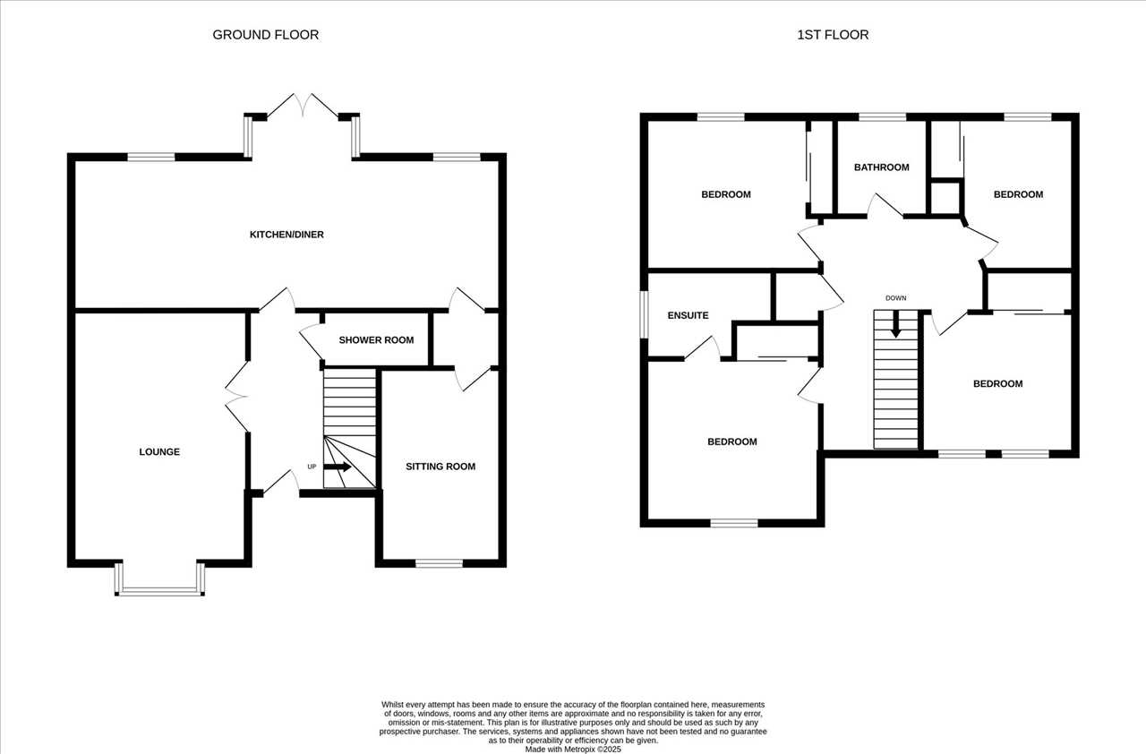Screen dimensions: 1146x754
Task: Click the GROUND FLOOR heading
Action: tap(266, 35)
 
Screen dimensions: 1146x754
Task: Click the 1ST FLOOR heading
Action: tap(833, 35)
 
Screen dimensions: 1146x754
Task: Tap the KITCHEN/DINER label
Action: tap(286, 235)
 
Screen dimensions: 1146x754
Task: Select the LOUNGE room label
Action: tap(159, 451)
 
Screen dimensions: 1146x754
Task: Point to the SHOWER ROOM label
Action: tap(376, 340)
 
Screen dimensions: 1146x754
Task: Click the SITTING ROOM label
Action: tap(440, 467)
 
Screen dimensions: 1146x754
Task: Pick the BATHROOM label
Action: tap(882, 167)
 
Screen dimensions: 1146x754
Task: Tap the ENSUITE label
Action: tap(688, 315)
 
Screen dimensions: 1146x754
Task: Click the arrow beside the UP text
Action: tap(338, 467)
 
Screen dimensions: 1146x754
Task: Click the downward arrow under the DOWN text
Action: tap(895, 325)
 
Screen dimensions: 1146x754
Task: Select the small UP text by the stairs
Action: tap(312, 467)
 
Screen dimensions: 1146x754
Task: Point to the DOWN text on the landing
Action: tap(896, 297)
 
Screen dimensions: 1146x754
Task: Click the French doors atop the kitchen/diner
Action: tap(303, 107)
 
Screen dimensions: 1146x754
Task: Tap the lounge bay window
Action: tap(159, 580)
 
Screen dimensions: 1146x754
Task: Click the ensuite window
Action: tap(645, 314)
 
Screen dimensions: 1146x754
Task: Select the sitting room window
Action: tap(439, 563)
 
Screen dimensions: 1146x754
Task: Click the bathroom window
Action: tap(883, 117)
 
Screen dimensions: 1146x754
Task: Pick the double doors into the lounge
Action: tap(237, 397)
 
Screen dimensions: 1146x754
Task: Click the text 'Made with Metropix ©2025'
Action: tap(573, 750)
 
